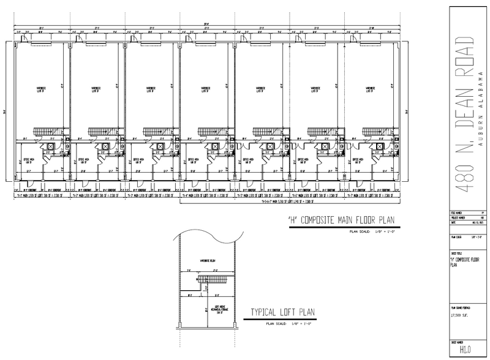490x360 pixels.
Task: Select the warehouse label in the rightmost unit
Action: point(369,90)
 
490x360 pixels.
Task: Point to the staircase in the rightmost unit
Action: point(376,133)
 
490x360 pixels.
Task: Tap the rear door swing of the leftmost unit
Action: point(78,40)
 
